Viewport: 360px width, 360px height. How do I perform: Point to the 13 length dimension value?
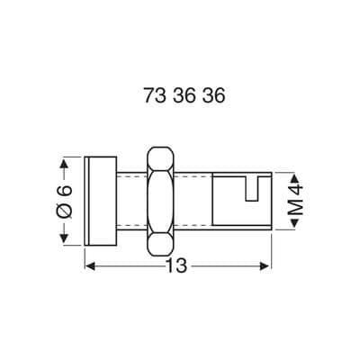click(x=178, y=266)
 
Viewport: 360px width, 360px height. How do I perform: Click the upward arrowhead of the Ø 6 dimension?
click(x=64, y=165)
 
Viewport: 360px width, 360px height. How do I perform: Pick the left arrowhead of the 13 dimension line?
click(x=91, y=266)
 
